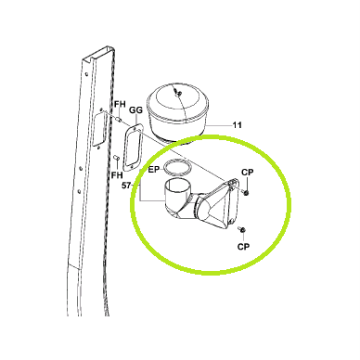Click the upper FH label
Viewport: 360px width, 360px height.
pos(120,104)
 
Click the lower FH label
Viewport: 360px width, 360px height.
pos(117,175)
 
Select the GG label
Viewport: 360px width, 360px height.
pos(135,109)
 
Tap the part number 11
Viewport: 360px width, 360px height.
pos(237,125)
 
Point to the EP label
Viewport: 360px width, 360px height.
pos(154,170)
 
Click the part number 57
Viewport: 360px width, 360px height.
pos(126,186)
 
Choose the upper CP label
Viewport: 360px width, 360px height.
pos(248,173)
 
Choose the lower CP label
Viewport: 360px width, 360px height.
pos(243,247)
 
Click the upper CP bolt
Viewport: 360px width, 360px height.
pos(245,193)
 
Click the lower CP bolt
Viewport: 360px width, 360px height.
pos(242,229)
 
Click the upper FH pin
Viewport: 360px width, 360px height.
pos(119,119)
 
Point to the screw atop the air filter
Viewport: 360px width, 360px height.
pos(178,92)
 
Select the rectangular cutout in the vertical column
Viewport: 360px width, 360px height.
pos(100,129)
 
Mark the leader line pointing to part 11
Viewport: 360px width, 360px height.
pos(219,125)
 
